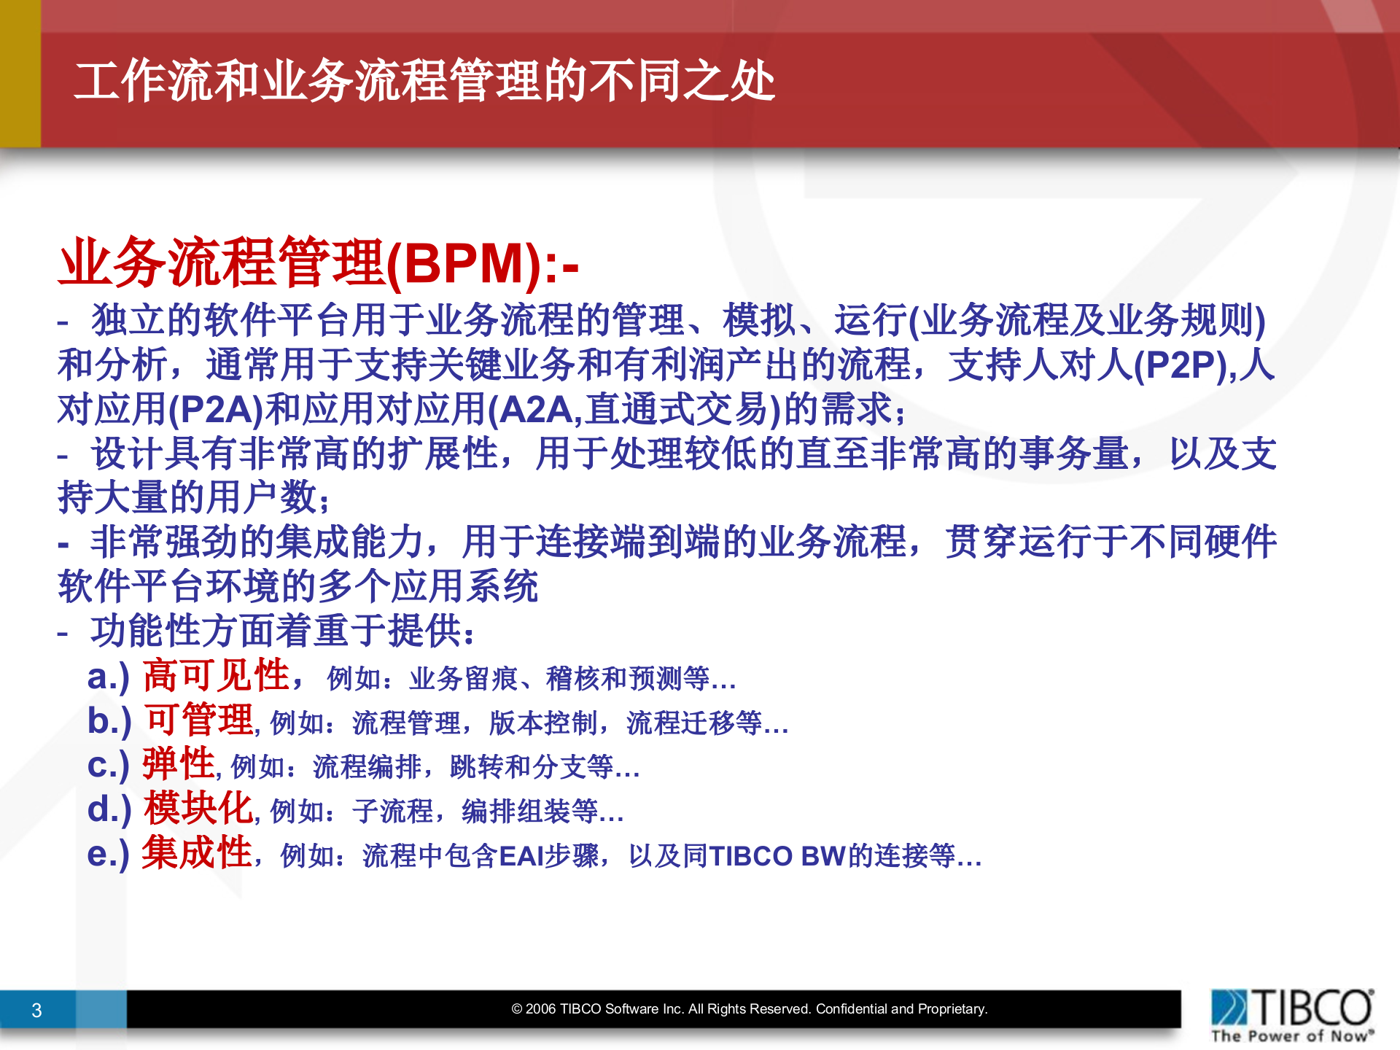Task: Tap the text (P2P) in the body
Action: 1180,365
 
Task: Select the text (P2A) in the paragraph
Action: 215,409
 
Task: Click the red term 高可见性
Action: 217,675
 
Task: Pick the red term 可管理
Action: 198,720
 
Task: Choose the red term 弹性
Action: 179,764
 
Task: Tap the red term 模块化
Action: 198,809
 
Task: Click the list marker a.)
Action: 108,677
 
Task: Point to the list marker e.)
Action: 108,854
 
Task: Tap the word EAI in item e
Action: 521,855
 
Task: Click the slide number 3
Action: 36,1010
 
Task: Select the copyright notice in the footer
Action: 749,1009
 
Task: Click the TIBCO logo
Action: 1292,1007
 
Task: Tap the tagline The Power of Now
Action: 1292,1036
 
